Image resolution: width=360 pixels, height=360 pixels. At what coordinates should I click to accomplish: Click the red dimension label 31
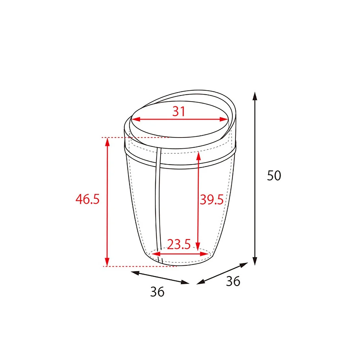(179, 111)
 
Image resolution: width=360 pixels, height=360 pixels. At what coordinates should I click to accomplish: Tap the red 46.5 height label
(87, 199)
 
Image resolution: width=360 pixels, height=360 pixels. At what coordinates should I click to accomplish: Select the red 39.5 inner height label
(211, 199)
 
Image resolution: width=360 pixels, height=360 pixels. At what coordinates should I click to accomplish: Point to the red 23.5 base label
(179, 244)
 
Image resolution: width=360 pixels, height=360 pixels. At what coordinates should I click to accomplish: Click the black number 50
(274, 176)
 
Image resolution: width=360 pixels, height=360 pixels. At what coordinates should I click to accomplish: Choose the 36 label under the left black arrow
(157, 292)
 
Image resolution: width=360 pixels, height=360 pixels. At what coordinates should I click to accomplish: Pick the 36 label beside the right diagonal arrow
(233, 281)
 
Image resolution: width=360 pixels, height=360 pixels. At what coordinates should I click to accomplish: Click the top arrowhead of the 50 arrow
(255, 96)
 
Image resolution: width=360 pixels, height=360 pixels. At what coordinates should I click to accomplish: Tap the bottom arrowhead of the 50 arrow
(255, 261)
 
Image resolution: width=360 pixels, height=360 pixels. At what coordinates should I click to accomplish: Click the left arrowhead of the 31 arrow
(136, 119)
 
